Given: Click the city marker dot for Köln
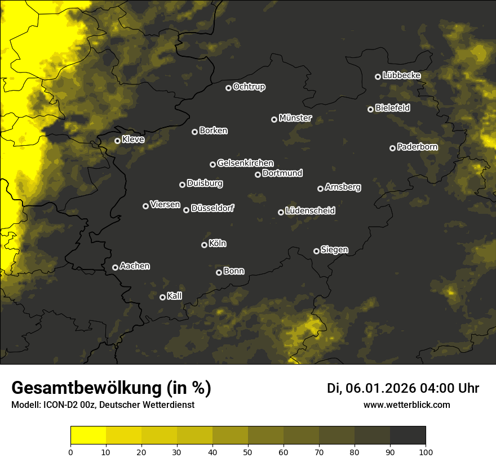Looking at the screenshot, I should coord(204,245).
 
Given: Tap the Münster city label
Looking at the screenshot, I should coord(295,118).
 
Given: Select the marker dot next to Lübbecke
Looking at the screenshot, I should coord(378,77).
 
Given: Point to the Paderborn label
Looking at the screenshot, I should coord(417,147).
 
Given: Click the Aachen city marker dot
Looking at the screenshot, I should coord(115,267).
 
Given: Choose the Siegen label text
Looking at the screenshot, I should coord(334,250).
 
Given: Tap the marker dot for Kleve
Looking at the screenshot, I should coord(117,141).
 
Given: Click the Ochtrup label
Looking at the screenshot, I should coord(249,87).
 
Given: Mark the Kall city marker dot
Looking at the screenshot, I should coord(162,297).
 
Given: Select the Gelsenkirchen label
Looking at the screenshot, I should coord(245,163).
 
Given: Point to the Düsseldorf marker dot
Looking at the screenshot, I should coord(186,210).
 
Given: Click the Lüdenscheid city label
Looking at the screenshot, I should coord(310,211).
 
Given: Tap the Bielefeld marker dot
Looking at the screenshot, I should coord(370,109).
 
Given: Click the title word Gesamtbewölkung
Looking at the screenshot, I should coord(85,388).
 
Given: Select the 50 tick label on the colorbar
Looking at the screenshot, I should coord(248,452).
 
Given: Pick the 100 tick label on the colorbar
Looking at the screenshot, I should coord(426,452).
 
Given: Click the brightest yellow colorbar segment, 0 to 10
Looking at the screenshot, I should coord(88,435).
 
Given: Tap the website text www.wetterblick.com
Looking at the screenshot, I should coord(406,405).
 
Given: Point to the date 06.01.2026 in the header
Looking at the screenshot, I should coord(380,388).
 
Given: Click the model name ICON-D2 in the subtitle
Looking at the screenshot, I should coord(58,405).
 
